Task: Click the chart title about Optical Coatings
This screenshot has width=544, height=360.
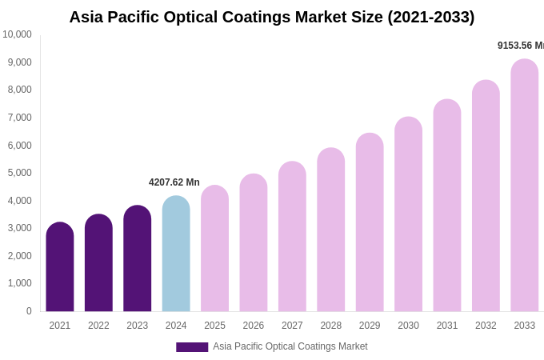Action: coord(271,17)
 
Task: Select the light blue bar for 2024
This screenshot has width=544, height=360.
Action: coord(176,254)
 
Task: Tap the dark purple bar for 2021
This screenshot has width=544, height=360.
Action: coord(60,267)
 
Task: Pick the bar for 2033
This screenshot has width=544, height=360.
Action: coord(524,186)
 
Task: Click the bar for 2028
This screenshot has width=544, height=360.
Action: coord(330,230)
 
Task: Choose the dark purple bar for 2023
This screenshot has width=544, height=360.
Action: coord(138,259)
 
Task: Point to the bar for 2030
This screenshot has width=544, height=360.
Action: coord(408,214)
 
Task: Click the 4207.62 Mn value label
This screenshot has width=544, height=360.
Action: coord(174,182)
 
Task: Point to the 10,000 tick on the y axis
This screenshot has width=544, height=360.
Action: coord(18,34)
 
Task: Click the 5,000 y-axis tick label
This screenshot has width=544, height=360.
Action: coord(20,173)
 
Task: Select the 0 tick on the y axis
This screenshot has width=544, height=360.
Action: coord(29,311)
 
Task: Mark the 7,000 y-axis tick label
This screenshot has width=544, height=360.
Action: coord(20,118)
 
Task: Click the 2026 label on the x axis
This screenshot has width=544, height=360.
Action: coord(254,326)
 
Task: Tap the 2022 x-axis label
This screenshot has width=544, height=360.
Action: coord(98,326)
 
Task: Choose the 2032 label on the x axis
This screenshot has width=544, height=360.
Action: coord(486,326)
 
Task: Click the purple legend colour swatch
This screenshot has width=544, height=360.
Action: coord(192,347)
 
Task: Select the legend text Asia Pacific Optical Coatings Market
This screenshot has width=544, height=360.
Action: coord(290,346)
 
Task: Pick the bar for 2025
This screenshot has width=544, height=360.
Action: coord(214,249)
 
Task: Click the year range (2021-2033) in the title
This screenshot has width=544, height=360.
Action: coord(430,17)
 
